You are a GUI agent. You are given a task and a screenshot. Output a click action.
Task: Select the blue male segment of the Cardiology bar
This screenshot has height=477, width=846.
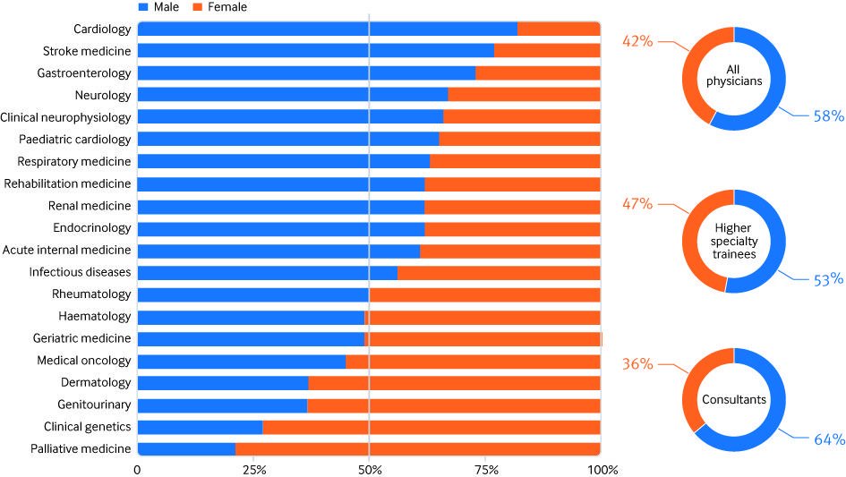[327, 29]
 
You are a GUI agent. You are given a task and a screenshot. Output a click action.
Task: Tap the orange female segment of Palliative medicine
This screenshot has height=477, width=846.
[417, 448]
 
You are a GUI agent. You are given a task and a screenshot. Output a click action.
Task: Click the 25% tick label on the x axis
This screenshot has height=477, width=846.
[252, 469]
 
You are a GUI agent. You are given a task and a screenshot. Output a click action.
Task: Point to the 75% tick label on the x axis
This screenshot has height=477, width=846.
[484, 469]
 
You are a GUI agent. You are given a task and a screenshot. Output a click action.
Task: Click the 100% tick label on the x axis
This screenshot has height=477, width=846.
[600, 469]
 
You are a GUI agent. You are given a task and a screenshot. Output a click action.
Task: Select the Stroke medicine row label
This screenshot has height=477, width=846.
[87, 51]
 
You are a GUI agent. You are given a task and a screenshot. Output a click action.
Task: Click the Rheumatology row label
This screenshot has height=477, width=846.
[92, 294]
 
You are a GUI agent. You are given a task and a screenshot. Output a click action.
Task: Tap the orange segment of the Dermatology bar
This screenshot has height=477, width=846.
[454, 382]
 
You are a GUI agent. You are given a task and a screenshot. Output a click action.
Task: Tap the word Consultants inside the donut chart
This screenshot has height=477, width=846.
[733, 400]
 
